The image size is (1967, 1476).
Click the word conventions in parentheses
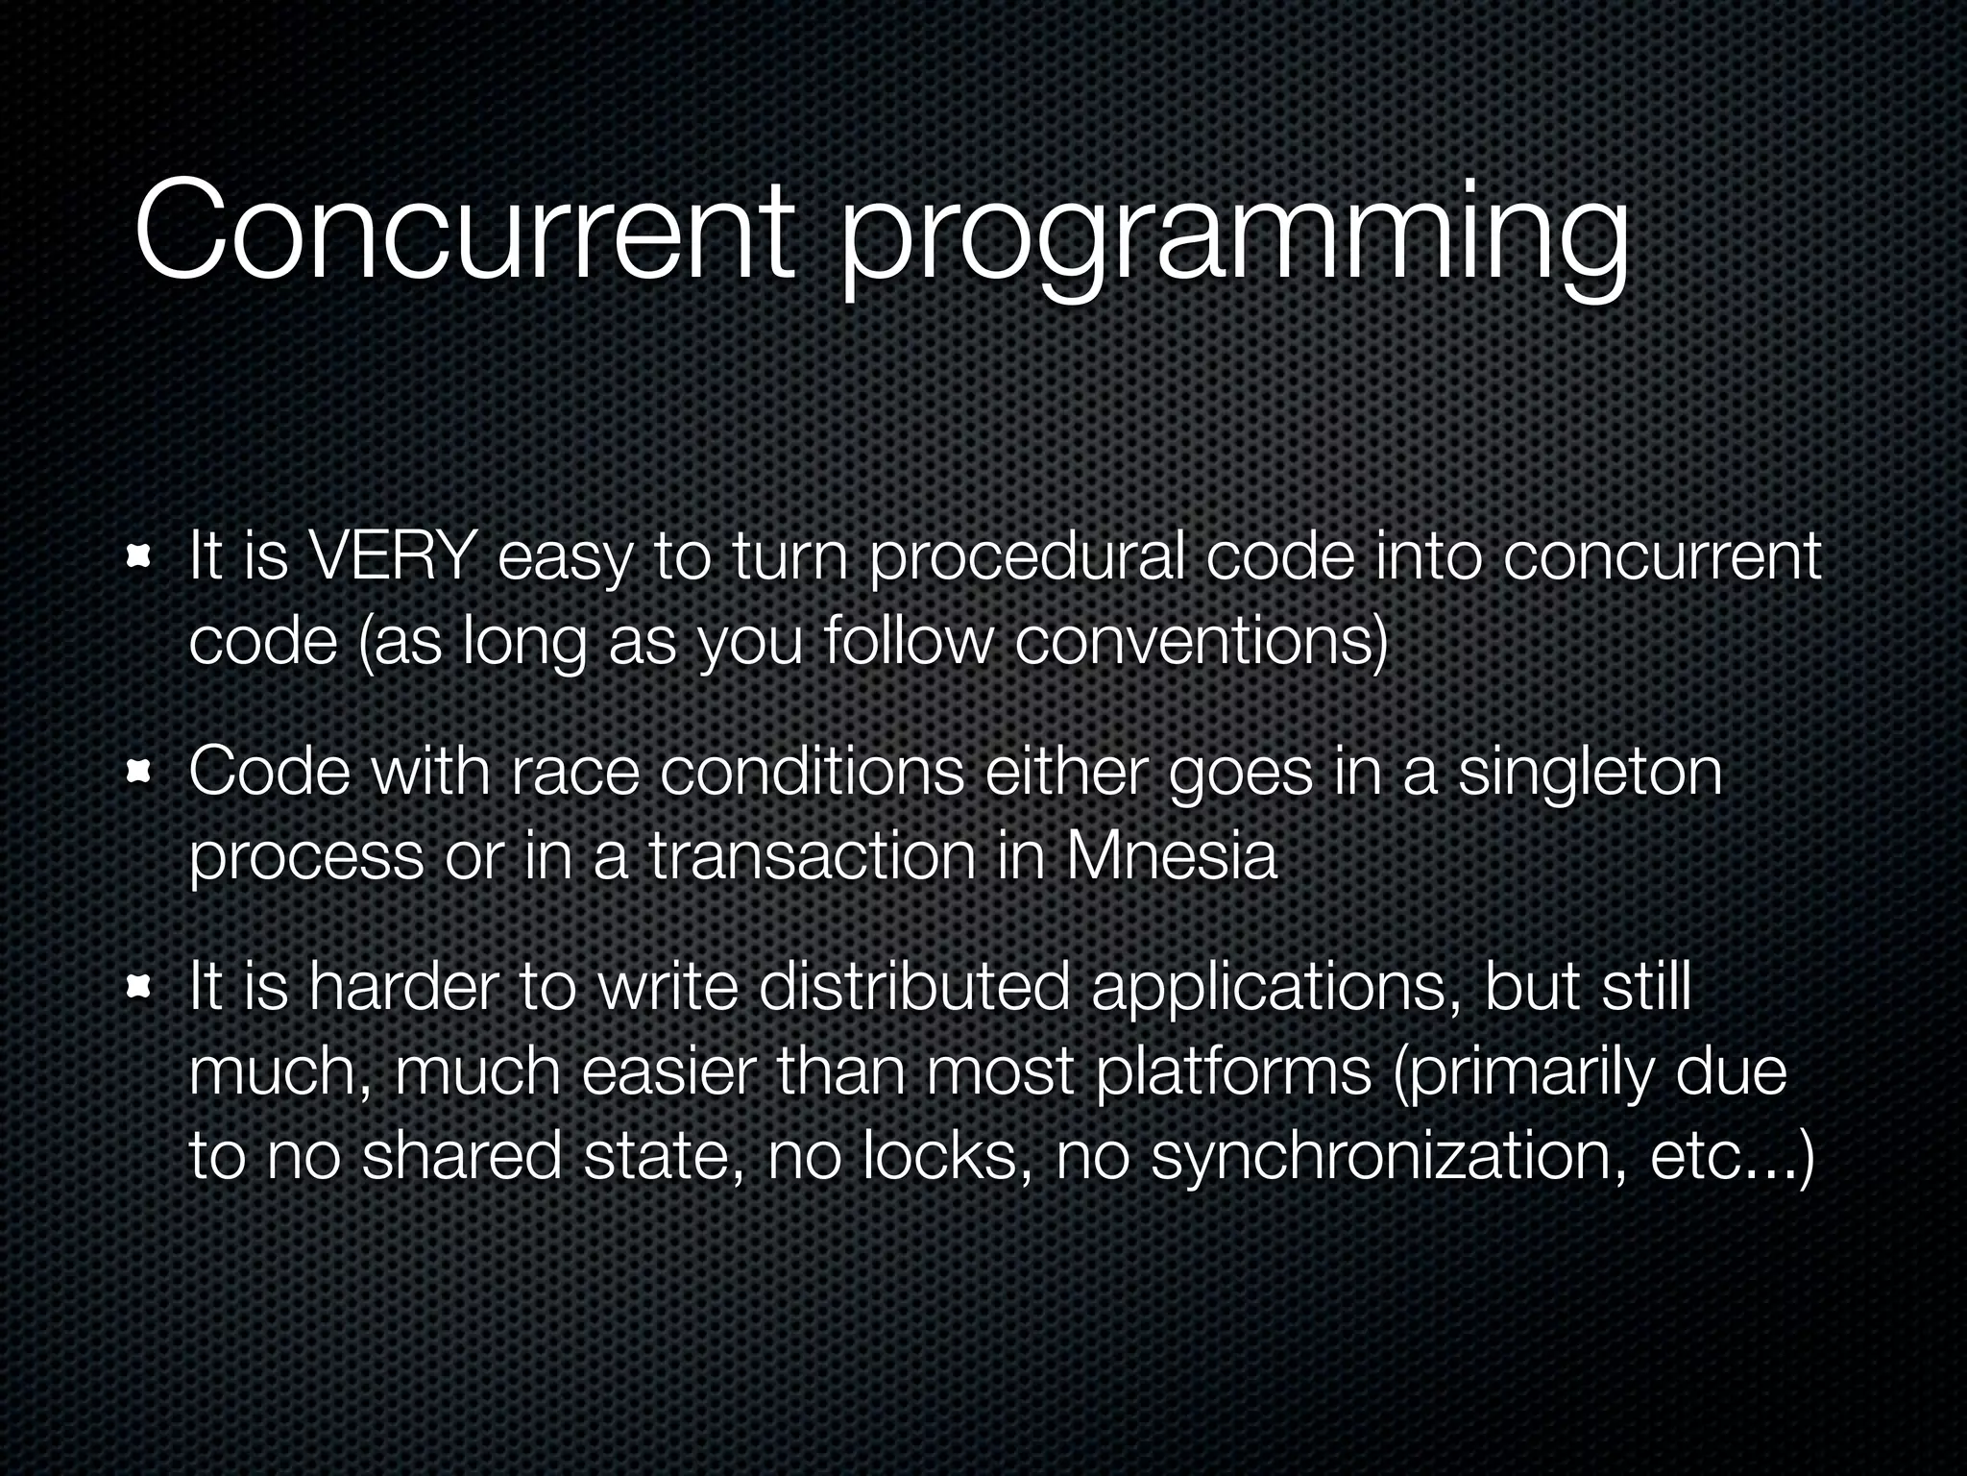pos(1201,642)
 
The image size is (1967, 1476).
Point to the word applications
pos(1268,991)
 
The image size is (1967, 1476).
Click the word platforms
pos(1233,1073)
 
